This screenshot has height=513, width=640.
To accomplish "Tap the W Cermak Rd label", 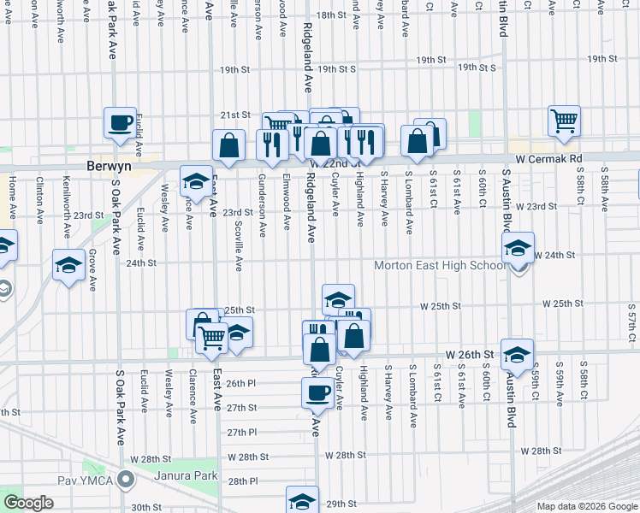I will pos(548,159).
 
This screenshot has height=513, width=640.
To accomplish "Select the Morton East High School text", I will pos(441,265).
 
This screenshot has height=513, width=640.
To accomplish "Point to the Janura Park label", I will pos(186,475).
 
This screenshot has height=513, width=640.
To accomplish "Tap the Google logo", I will pos(28,503).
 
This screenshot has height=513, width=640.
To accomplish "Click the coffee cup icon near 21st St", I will pos(121,122).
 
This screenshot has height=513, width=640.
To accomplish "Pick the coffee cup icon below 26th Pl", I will pos(317,392).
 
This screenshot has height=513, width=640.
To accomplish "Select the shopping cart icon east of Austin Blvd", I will pos(565,121).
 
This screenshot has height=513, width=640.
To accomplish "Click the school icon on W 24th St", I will pos(518,248).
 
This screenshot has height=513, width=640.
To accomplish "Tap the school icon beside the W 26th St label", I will pos(518,355).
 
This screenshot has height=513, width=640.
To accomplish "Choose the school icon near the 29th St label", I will pos(302,501).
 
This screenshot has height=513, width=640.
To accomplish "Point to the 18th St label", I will pos(329,15).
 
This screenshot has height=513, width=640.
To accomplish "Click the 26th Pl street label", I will pos(241,383).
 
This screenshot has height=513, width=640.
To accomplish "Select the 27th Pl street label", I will pos(241,432).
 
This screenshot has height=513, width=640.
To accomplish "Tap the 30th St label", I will pos(146,507).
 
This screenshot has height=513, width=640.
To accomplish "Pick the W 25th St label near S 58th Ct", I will pos(562,304).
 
